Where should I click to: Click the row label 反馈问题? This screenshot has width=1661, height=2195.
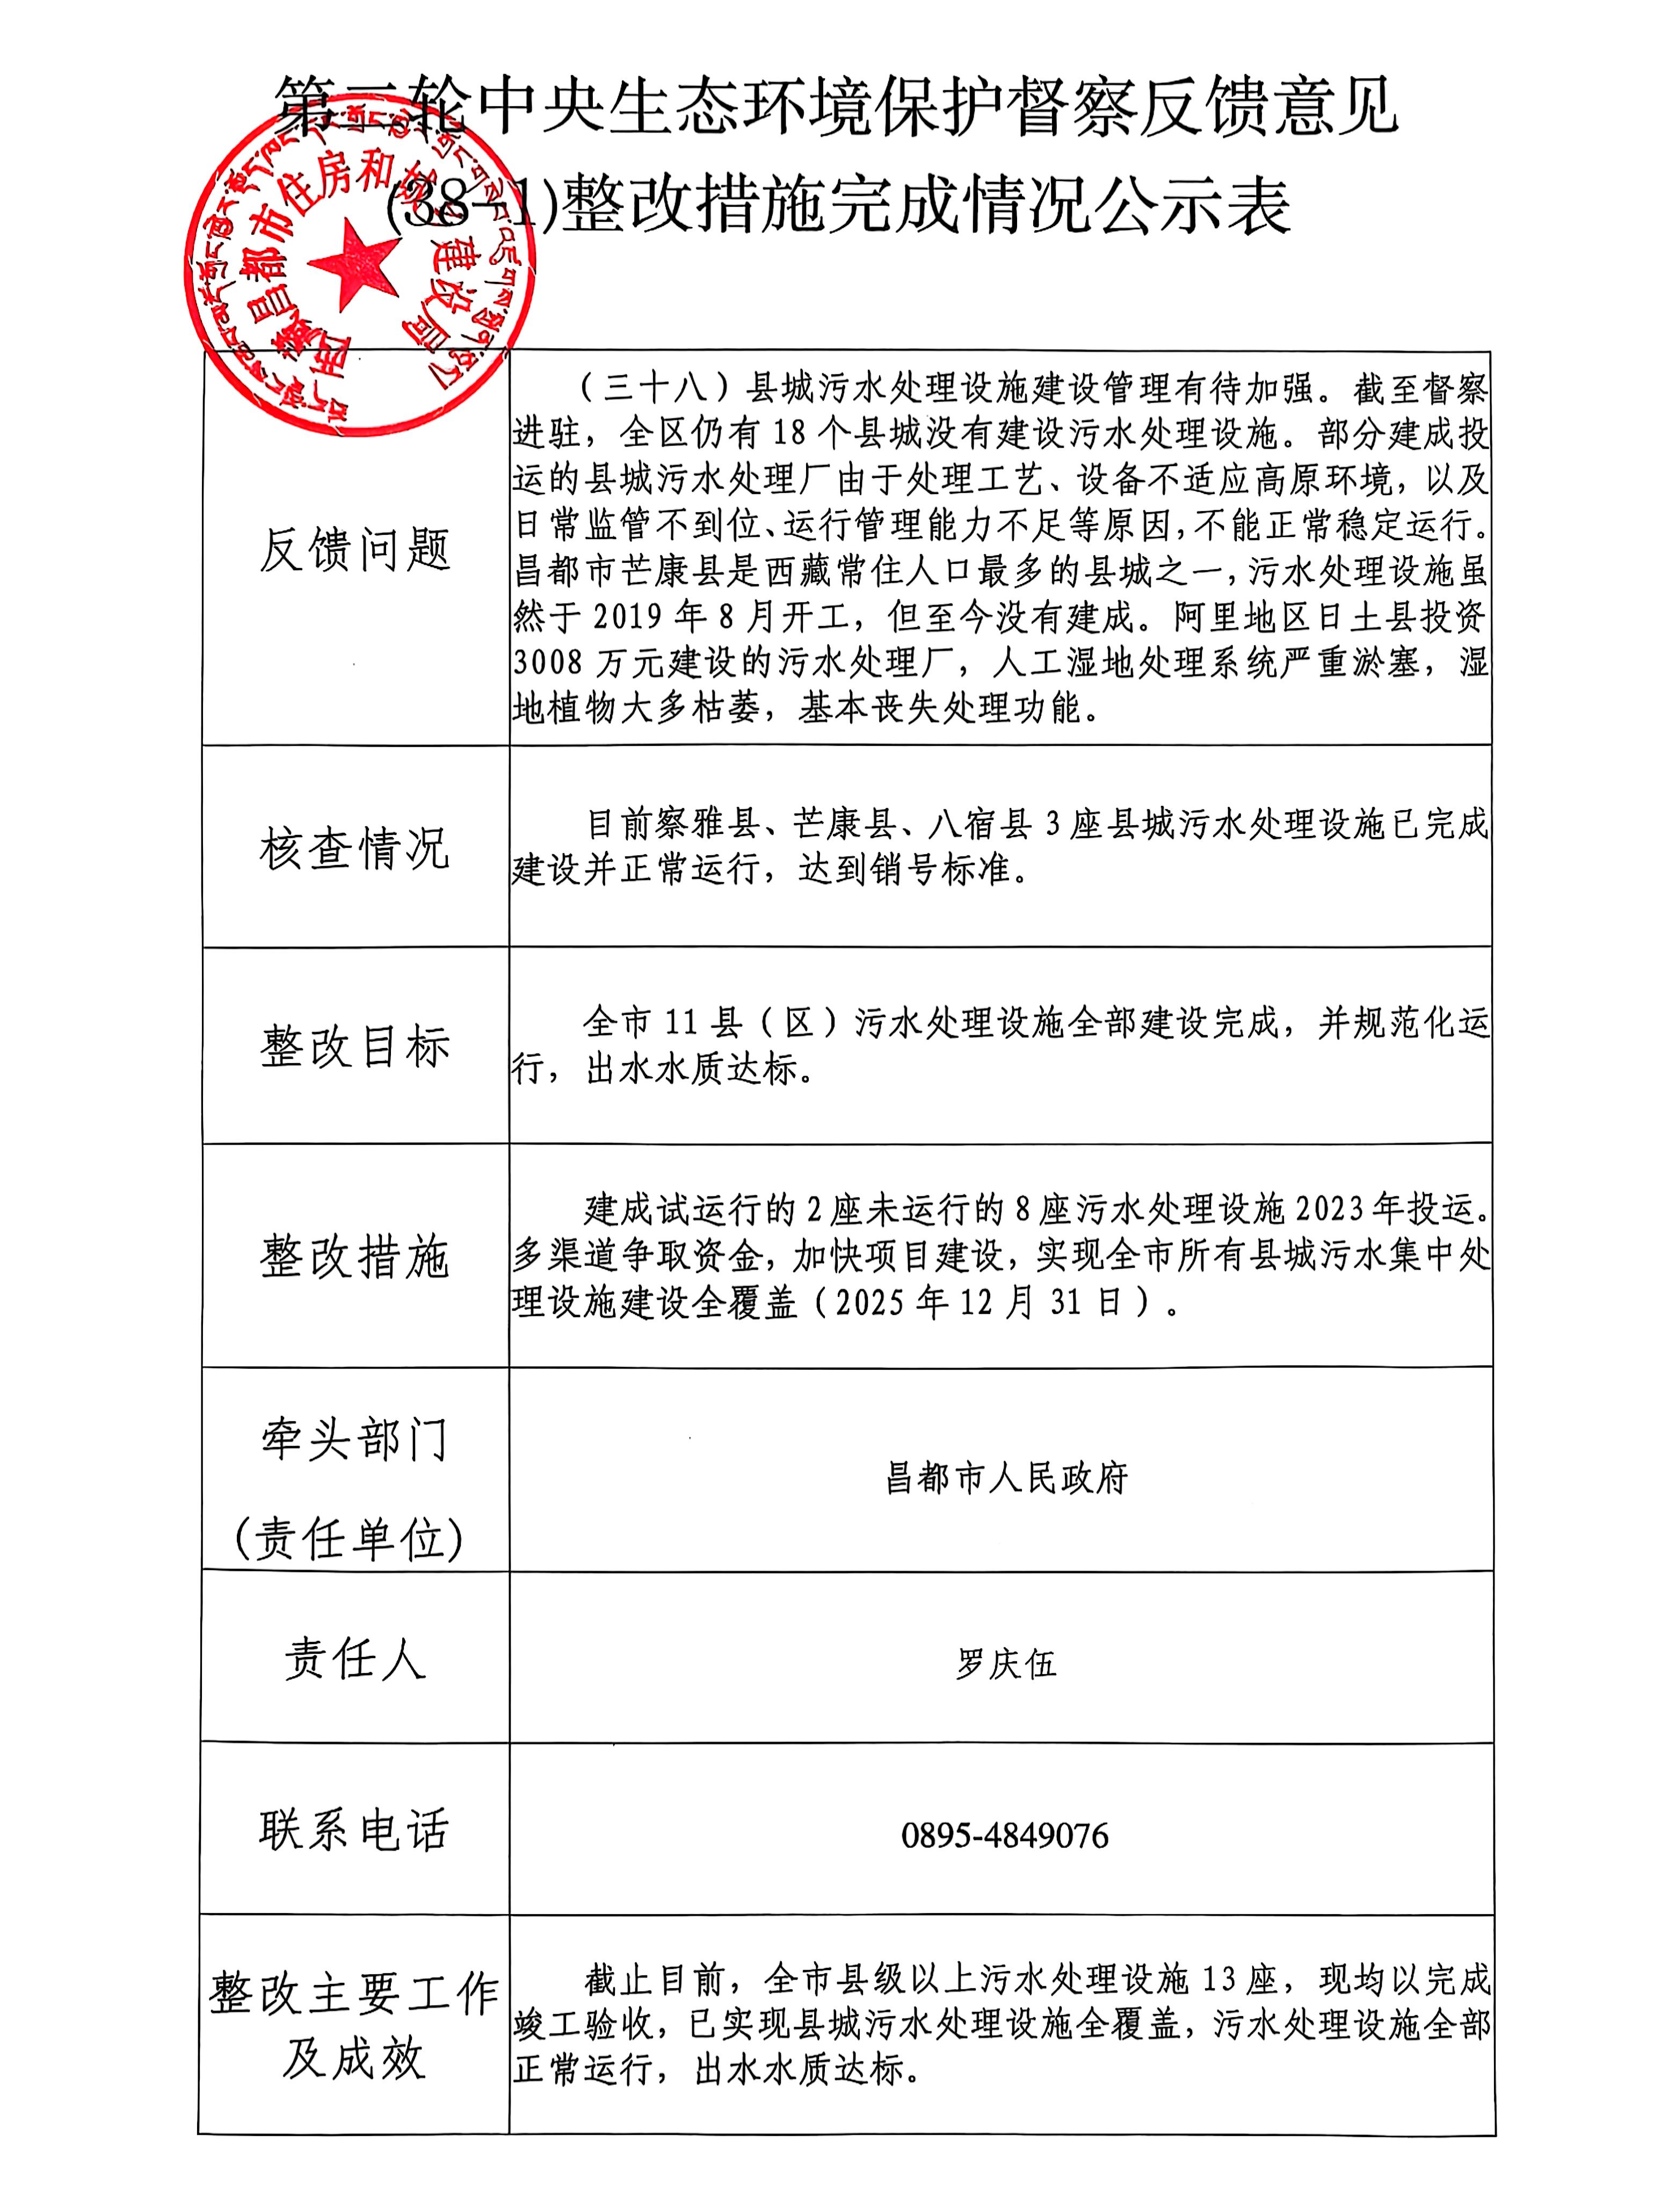(x=355, y=549)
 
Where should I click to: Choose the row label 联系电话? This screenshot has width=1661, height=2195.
(x=355, y=1831)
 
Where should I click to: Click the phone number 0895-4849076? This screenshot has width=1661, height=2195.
(x=1004, y=1836)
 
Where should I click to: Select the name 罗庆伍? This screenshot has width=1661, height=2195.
(x=1005, y=1663)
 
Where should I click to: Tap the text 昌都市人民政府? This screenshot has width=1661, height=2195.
(x=1005, y=1479)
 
